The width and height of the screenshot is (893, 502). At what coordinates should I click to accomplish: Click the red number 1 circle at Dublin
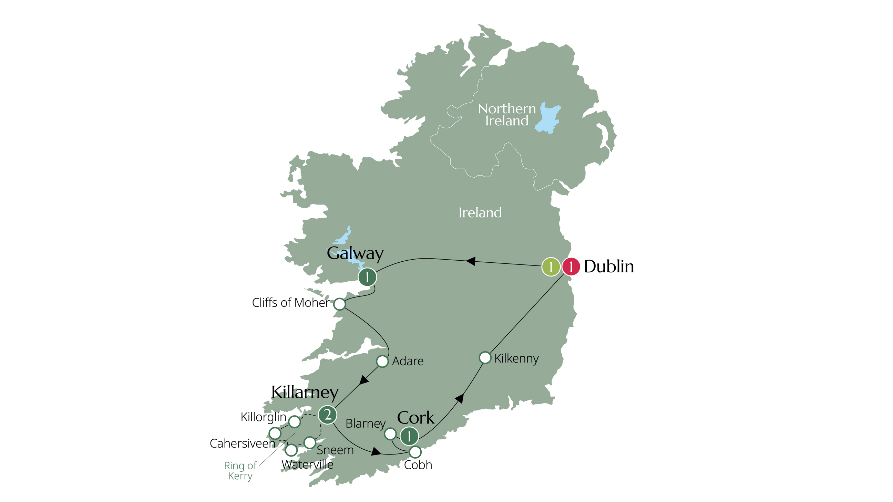571,267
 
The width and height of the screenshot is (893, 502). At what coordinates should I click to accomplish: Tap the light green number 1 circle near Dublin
551,267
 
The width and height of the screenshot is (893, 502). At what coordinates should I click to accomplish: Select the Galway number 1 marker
367,277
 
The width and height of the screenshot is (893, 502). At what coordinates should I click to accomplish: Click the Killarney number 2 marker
327,414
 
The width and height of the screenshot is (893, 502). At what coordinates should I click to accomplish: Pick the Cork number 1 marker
409,436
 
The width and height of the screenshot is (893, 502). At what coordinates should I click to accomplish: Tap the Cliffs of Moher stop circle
339,304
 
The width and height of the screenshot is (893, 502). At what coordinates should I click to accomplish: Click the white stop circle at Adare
382,361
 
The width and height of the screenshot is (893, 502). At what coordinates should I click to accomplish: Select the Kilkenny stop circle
485,357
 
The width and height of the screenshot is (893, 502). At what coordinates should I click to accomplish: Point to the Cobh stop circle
415,452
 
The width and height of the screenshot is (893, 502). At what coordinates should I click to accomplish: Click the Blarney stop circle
390,433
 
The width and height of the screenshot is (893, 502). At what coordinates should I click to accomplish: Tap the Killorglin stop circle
294,422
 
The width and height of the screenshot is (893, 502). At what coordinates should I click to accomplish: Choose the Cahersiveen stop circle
275,433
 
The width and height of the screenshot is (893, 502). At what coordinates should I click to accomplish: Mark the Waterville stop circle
291,450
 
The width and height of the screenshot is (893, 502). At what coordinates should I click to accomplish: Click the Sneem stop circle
310,442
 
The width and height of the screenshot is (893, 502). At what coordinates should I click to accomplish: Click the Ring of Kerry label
240,470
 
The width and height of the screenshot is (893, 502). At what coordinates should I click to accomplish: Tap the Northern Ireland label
506,115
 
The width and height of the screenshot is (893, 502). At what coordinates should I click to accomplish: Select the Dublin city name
609,266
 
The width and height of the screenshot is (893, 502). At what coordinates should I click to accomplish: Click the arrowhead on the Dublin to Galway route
470,261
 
